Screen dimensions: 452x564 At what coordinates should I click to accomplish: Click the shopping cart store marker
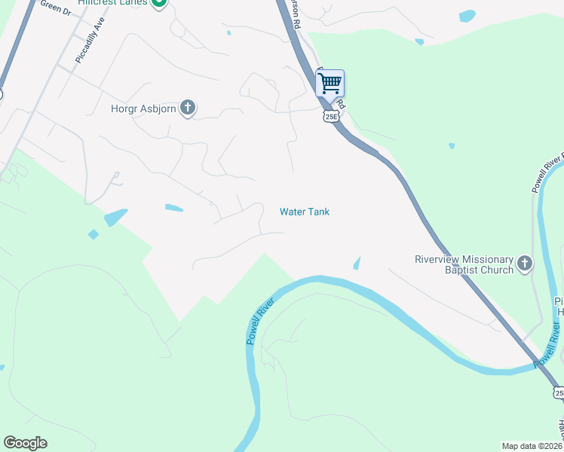330,84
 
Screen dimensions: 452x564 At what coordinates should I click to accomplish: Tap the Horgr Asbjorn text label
143,108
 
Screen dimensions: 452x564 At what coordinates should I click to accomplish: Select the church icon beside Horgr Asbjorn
188,108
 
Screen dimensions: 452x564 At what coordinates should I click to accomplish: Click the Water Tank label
305,212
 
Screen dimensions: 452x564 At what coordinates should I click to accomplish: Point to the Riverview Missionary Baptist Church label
464,264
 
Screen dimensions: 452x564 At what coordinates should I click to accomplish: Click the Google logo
25,443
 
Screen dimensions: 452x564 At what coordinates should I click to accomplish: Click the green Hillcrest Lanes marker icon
158,3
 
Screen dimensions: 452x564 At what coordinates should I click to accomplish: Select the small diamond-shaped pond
93,234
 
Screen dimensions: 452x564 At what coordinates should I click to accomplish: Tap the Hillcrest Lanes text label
113,3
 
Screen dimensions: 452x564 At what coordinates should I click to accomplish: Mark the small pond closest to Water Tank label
357,263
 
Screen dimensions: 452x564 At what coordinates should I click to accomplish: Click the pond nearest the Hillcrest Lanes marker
228,32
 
